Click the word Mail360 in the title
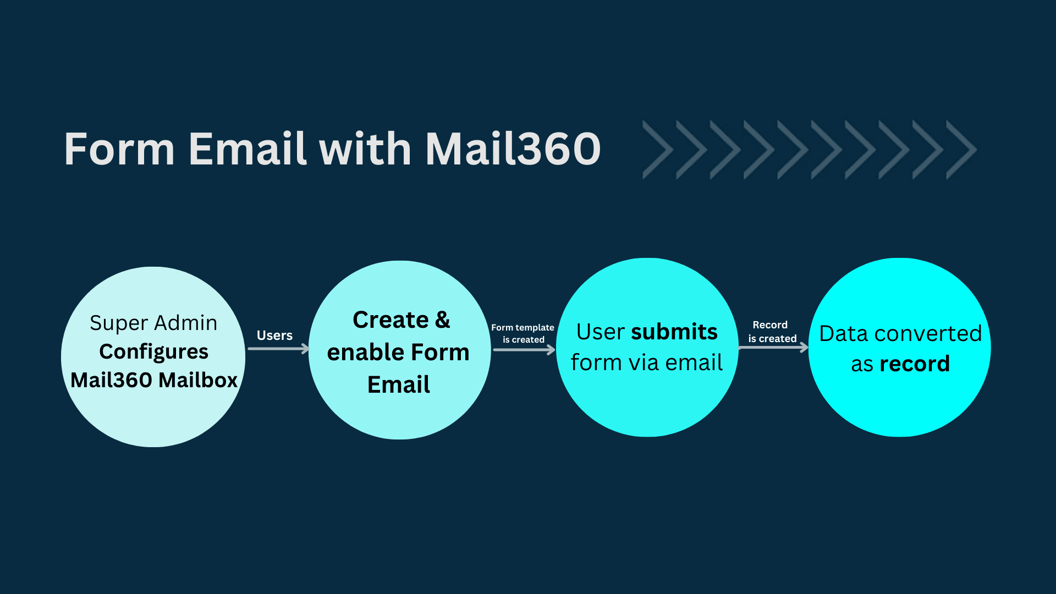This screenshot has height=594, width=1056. pyautogui.click(x=513, y=149)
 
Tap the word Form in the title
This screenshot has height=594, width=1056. pyautogui.click(x=119, y=149)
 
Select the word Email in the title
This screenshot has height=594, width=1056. pyautogui.click(x=248, y=149)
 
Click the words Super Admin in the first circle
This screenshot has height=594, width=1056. pyautogui.click(x=153, y=323)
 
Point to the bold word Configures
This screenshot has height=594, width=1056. pyautogui.click(x=153, y=352)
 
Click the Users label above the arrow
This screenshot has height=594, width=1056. pyautogui.click(x=274, y=335)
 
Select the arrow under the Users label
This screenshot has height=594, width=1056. pyautogui.click(x=278, y=349)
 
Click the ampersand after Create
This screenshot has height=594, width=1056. pyautogui.click(x=442, y=320)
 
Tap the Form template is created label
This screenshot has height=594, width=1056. pyautogui.click(x=523, y=333)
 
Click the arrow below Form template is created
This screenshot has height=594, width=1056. pyautogui.click(x=524, y=350)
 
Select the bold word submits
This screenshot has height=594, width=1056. pyautogui.click(x=674, y=332)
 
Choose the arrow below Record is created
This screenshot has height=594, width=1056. pyautogui.click(x=773, y=348)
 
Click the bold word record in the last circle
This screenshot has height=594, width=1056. pyautogui.click(x=915, y=364)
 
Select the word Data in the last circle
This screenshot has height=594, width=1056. pyautogui.click(x=843, y=334)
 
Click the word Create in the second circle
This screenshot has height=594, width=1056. pyautogui.click(x=391, y=320)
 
